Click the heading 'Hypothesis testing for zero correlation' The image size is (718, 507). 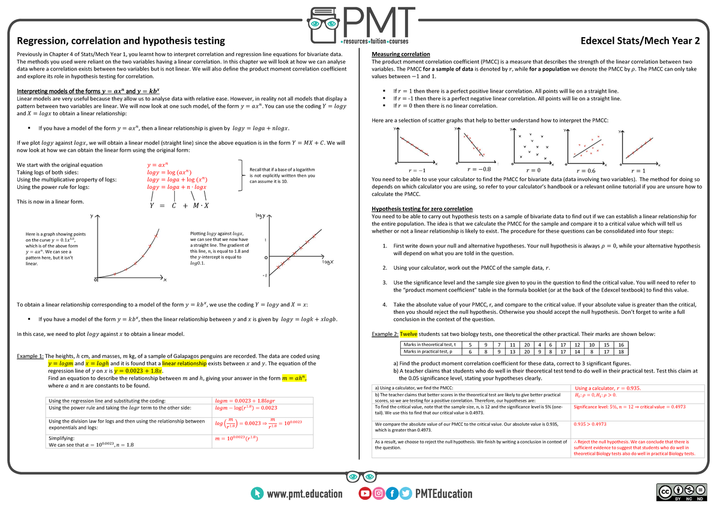(x=422, y=209)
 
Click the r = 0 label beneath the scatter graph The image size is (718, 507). (x=533, y=170)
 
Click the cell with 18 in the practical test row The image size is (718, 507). (x=620, y=352)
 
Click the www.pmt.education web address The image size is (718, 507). (x=305, y=493)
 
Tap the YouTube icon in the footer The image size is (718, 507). (x=364, y=493)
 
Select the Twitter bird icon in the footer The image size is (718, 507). (x=406, y=493)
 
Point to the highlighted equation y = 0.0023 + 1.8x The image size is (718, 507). (x=138, y=371)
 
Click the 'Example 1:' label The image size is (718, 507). (x=31, y=356)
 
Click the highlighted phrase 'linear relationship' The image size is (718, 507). (x=184, y=363)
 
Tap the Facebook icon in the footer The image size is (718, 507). (x=392, y=493)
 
